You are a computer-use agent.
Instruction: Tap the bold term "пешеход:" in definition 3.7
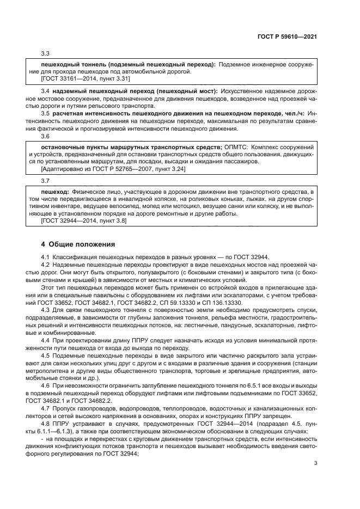pyautogui.click(x=55, y=192)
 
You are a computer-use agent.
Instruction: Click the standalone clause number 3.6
pyautogui.click(x=46, y=136)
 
